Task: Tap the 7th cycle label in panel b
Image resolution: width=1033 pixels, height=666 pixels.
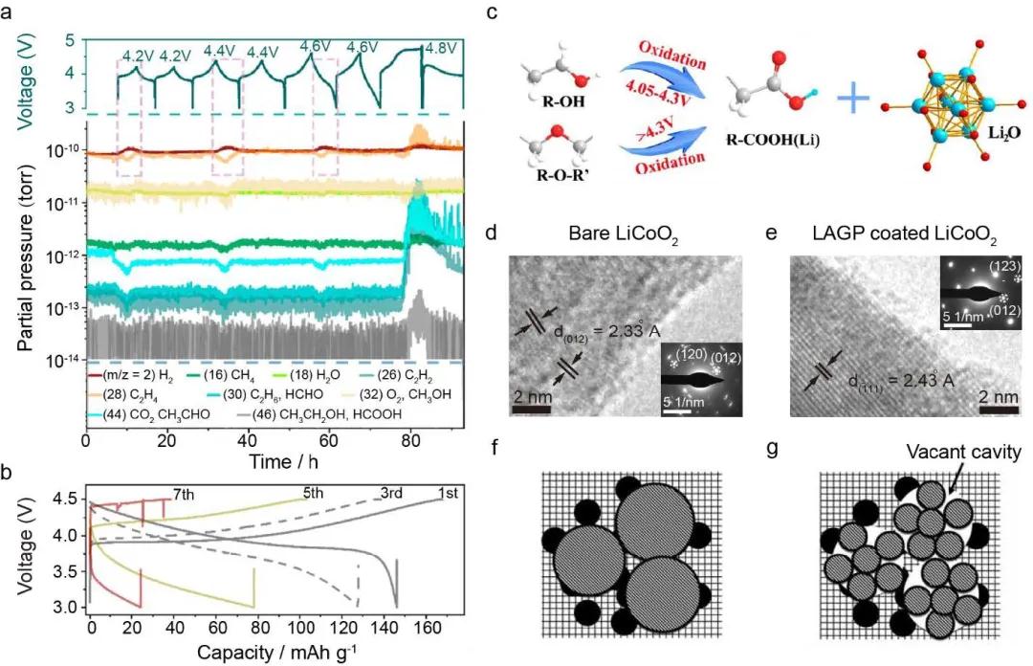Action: coord(185,493)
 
